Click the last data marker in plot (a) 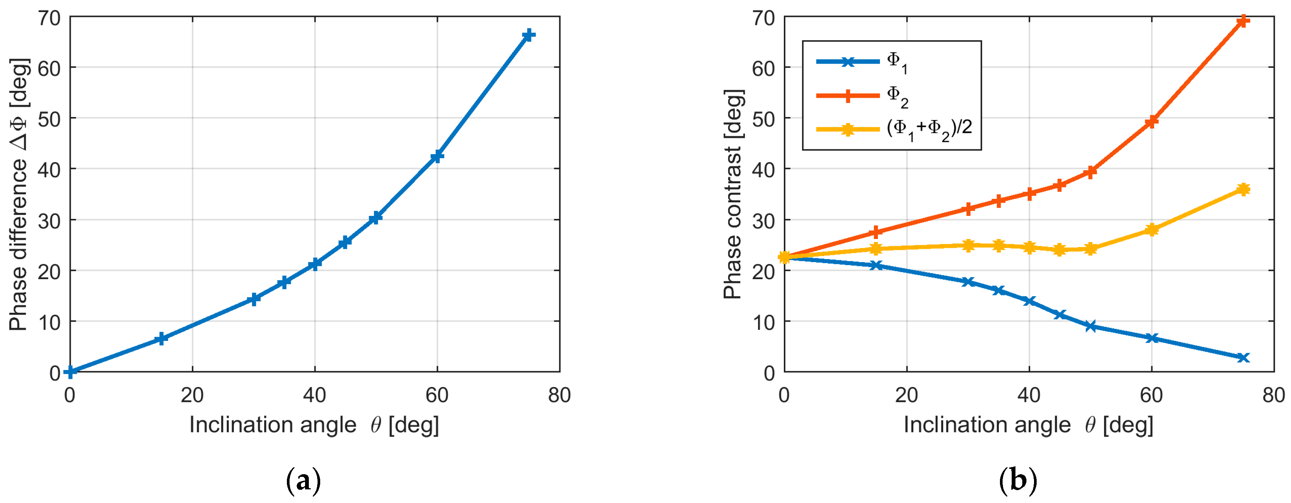coord(528,35)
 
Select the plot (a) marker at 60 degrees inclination coord(437,156)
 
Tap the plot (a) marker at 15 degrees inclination coord(161,339)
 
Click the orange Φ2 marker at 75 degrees coord(1243,21)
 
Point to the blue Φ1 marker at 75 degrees coord(1243,358)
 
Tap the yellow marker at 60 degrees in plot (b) coord(1152,230)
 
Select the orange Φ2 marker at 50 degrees coord(1090,172)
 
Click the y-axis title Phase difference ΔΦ coord(19,195)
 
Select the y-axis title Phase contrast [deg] coord(733,195)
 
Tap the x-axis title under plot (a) coord(314,425)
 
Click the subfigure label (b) coord(1017,480)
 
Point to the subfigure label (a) coord(303,480)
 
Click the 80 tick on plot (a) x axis coord(559,396)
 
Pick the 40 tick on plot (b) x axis coord(1029,396)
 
